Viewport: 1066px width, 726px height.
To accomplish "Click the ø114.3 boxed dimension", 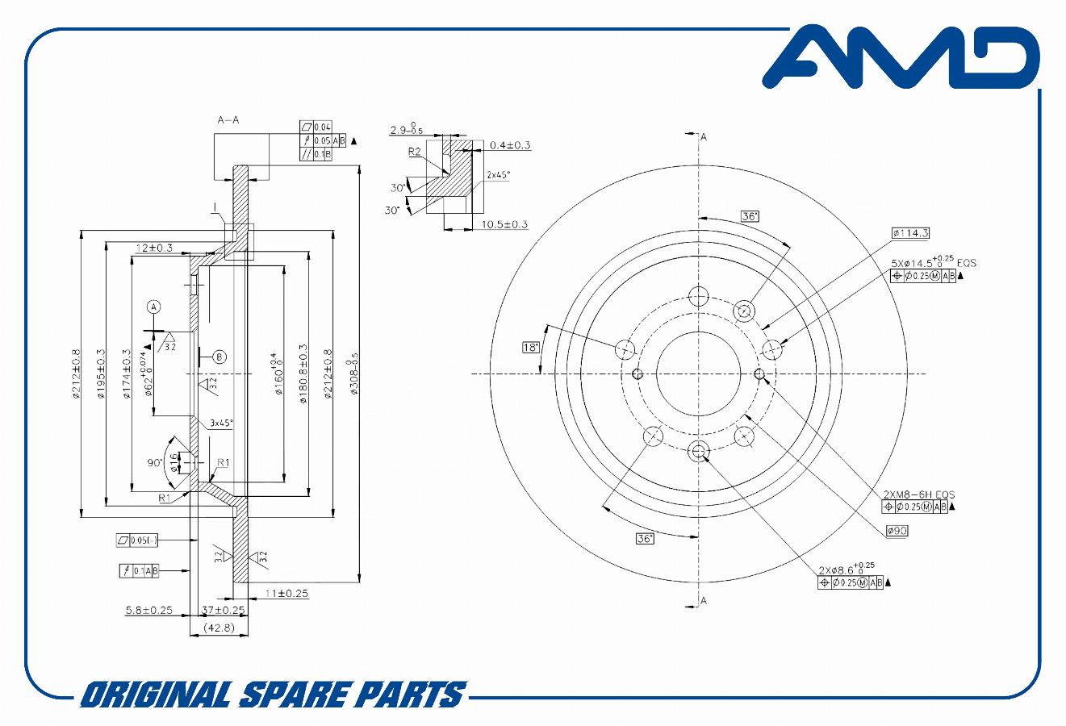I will (910, 233).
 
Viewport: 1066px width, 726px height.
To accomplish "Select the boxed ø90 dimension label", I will (897, 531).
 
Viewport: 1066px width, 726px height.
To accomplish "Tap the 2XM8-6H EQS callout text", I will (918, 494).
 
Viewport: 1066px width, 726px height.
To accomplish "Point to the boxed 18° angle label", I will (531, 348).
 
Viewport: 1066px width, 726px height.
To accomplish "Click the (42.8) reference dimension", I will (219, 628).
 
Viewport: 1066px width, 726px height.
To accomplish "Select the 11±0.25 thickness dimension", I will (286, 594).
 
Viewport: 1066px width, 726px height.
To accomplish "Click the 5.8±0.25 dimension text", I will (149, 611).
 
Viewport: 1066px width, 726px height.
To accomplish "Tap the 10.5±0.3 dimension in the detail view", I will (504, 224).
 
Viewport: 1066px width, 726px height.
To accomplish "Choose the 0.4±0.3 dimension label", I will (510, 145).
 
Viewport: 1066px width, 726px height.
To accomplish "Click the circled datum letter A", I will (153, 307).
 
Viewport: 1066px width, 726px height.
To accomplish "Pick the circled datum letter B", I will (219, 357).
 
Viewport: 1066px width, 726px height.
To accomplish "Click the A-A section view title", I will (228, 120).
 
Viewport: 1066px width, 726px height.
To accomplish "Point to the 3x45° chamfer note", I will (221, 423).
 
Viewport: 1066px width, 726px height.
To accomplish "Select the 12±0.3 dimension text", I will (155, 248).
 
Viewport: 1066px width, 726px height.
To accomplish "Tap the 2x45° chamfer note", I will (498, 174).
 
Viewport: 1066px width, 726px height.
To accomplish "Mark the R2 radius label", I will (415, 151).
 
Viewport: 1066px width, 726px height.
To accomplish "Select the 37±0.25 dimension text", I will (224, 610).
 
